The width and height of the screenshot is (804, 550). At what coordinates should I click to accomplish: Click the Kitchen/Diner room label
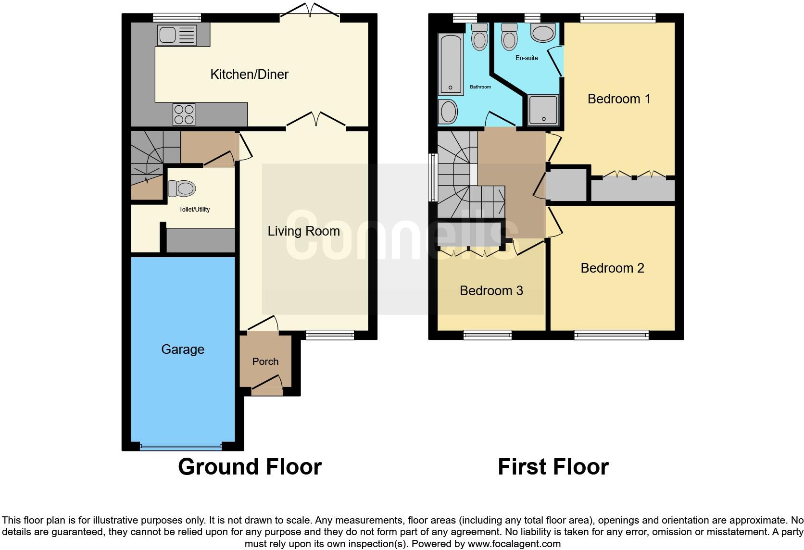(249, 74)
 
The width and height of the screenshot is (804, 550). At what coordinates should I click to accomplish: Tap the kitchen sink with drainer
(177, 35)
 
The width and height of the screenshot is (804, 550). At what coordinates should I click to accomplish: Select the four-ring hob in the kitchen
(184, 114)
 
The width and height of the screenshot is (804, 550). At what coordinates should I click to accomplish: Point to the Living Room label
(303, 231)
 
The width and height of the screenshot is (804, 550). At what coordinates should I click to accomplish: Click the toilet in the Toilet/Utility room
(181, 188)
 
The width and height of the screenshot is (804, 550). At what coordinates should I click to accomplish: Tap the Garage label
(182, 349)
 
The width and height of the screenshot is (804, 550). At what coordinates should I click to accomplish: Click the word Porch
(265, 362)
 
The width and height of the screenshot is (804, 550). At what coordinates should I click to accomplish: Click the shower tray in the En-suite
(543, 109)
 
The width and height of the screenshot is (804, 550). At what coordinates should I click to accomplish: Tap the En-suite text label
(527, 58)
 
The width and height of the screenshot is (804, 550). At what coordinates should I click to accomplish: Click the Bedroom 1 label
(618, 99)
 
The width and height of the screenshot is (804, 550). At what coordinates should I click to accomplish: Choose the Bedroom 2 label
(612, 268)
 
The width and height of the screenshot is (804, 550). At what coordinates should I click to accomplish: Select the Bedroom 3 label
(491, 290)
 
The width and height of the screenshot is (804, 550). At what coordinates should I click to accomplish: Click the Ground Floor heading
(250, 467)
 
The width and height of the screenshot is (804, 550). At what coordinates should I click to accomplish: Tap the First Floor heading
(553, 467)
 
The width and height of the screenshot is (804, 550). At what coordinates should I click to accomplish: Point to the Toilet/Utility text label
(194, 209)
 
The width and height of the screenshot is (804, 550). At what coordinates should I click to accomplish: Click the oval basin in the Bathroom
(449, 112)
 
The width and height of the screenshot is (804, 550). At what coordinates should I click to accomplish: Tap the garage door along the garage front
(181, 447)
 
